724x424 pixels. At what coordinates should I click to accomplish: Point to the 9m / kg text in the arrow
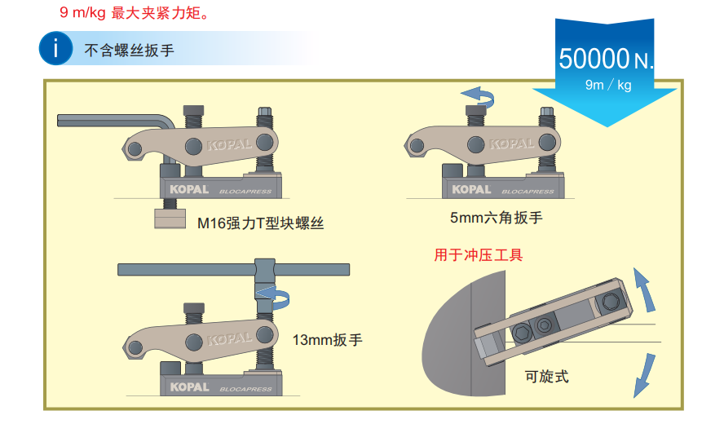coord(608,85)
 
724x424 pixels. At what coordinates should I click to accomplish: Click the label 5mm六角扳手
coord(496,217)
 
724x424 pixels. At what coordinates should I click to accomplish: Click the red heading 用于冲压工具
coord(479,256)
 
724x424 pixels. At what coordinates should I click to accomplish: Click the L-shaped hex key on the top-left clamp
coord(114,121)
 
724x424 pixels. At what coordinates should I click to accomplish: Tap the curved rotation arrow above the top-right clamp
coord(477,96)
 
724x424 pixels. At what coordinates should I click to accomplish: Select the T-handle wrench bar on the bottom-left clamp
coord(233,268)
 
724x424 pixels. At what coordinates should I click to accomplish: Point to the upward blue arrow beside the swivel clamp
coord(643,291)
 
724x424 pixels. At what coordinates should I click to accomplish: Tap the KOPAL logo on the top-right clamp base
coord(472,189)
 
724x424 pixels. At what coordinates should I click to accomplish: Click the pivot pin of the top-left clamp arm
coord(193,147)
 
